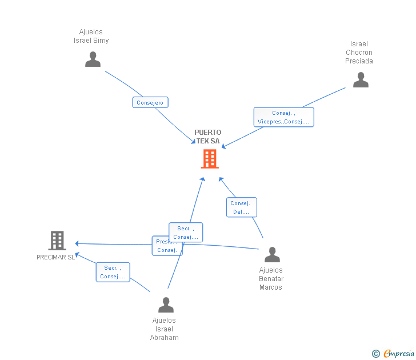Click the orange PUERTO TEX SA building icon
pyautogui.click(x=210, y=159)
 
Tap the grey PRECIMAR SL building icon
pyautogui.click(x=57, y=241)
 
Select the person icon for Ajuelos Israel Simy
pyautogui.click(x=93, y=59)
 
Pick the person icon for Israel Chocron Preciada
pyautogui.click(x=361, y=80)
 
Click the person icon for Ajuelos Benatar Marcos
pyautogui.click(x=272, y=255)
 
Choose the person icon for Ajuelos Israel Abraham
pyautogui.click(x=166, y=305)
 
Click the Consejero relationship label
pyautogui.click(x=150, y=103)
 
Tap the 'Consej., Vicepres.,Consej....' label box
pyautogui.click(x=283, y=117)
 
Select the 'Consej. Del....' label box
pyautogui.click(x=241, y=207)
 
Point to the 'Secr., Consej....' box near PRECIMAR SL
pyautogui.click(x=113, y=272)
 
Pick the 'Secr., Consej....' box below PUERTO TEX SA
pyautogui.click(x=186, y=233)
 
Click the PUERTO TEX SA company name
pyautogui.click(x=207, y=137)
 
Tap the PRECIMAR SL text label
pyautogui.click(x=55, y=257)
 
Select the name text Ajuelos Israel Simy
pyautogui.click(x=91, y=36)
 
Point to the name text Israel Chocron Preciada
pyautogui.click(x=359, y=53)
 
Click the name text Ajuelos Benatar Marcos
pyautogui.click(x=271, y=279)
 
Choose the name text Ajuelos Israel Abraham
pyautogui.click(x=165, y=329)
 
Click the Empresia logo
pyautogui.click(x=398, y=354)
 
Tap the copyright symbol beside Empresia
pyautogui.click(x=375, y=354)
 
